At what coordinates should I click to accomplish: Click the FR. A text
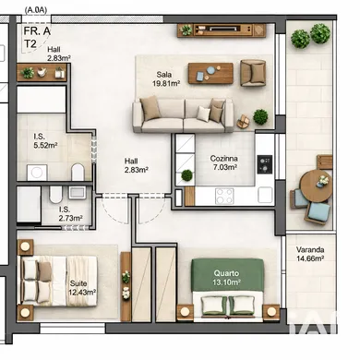point(37,30)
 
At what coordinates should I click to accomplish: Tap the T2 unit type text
point(30,43)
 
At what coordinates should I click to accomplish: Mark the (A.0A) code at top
point(38,11)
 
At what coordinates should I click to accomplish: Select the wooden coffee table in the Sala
point(210,72)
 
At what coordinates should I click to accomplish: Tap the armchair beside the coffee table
point(253,71)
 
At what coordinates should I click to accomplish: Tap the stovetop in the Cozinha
point(264,163)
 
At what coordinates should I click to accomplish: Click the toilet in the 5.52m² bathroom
point(78,172)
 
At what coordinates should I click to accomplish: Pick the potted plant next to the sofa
point(260,116)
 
